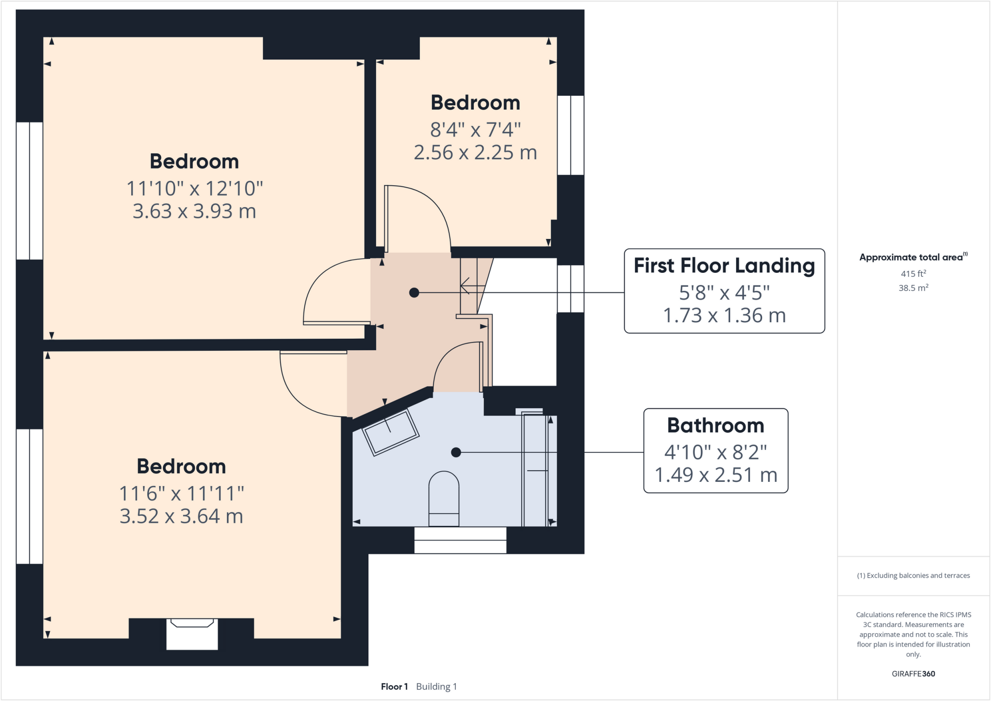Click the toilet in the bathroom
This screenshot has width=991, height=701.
[x=444, y=498]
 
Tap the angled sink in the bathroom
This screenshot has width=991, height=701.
[x=390, y=432]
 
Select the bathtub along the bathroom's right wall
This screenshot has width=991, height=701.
[x=535, y=470]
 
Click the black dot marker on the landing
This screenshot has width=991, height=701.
[x=414, y=293]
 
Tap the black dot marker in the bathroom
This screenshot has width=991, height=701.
[x=456, y=452]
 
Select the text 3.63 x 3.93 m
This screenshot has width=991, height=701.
[x=194, y=211]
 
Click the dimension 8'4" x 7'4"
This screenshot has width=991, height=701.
[x=475, y=130]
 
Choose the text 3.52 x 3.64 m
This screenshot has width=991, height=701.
[x=181, y=516]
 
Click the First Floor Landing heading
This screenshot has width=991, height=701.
[x=724, y=266]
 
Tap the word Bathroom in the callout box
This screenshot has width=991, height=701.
[x=715, y=425]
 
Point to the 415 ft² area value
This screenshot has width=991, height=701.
[x=913, y=273]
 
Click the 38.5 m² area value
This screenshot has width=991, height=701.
[x=913, y=288]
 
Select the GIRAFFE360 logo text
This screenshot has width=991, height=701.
[x=913, y=673]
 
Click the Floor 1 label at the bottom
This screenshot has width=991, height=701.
[x=394, y=686]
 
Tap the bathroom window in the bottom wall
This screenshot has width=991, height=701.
[x=460, y=540]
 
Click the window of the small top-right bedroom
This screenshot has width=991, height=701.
[x=571, y=135]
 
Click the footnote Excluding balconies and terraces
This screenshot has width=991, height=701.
[x=913, y=575]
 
